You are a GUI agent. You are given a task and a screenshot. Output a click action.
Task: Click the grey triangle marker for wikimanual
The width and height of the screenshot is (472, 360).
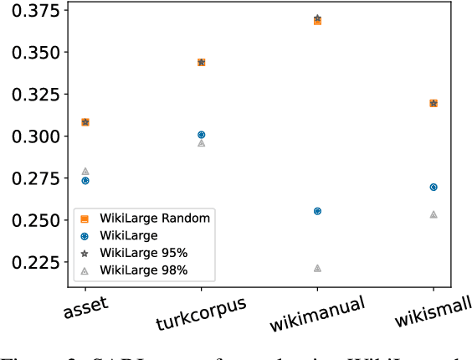coord(317,268)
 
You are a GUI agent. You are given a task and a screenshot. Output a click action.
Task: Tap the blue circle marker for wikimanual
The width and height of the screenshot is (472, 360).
coord(317,211)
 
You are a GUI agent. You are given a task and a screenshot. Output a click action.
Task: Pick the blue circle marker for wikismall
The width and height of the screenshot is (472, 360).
coord(434,187)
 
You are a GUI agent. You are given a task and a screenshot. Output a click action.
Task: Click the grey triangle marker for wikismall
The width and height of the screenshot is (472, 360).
coord(434,214)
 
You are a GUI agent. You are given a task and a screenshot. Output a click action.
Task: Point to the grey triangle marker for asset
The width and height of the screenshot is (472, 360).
coord(85,171)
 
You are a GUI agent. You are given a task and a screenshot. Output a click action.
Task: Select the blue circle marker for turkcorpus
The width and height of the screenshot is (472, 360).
coord(201,134)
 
